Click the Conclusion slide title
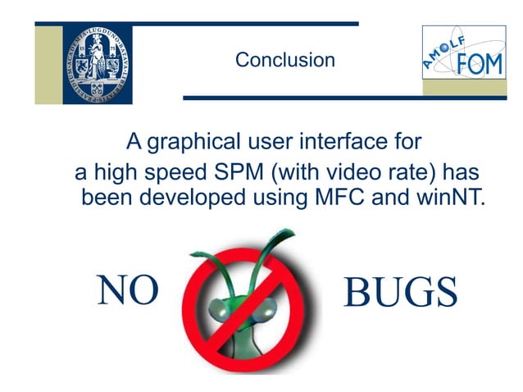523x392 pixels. (284, 60)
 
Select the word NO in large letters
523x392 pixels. (127, 291)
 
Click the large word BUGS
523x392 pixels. (400, 293)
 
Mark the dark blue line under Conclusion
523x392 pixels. (344, 98)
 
